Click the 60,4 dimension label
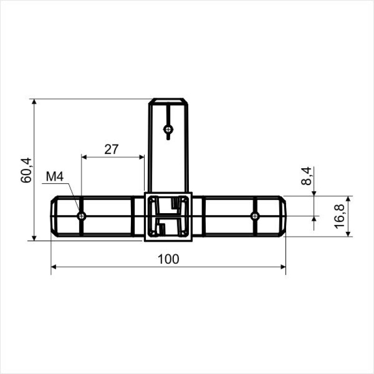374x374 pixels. (26, 170)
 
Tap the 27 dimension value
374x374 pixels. (111, 149)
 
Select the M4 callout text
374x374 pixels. (55, 177)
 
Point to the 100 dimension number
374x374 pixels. (168, 259)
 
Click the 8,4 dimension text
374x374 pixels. (306, 176)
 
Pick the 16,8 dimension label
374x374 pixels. (339, 216)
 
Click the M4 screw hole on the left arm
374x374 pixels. (81, 216)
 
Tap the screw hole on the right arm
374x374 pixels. (255, 216)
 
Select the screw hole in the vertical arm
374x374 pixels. (168, 129)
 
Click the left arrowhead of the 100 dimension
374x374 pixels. (54, 266)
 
